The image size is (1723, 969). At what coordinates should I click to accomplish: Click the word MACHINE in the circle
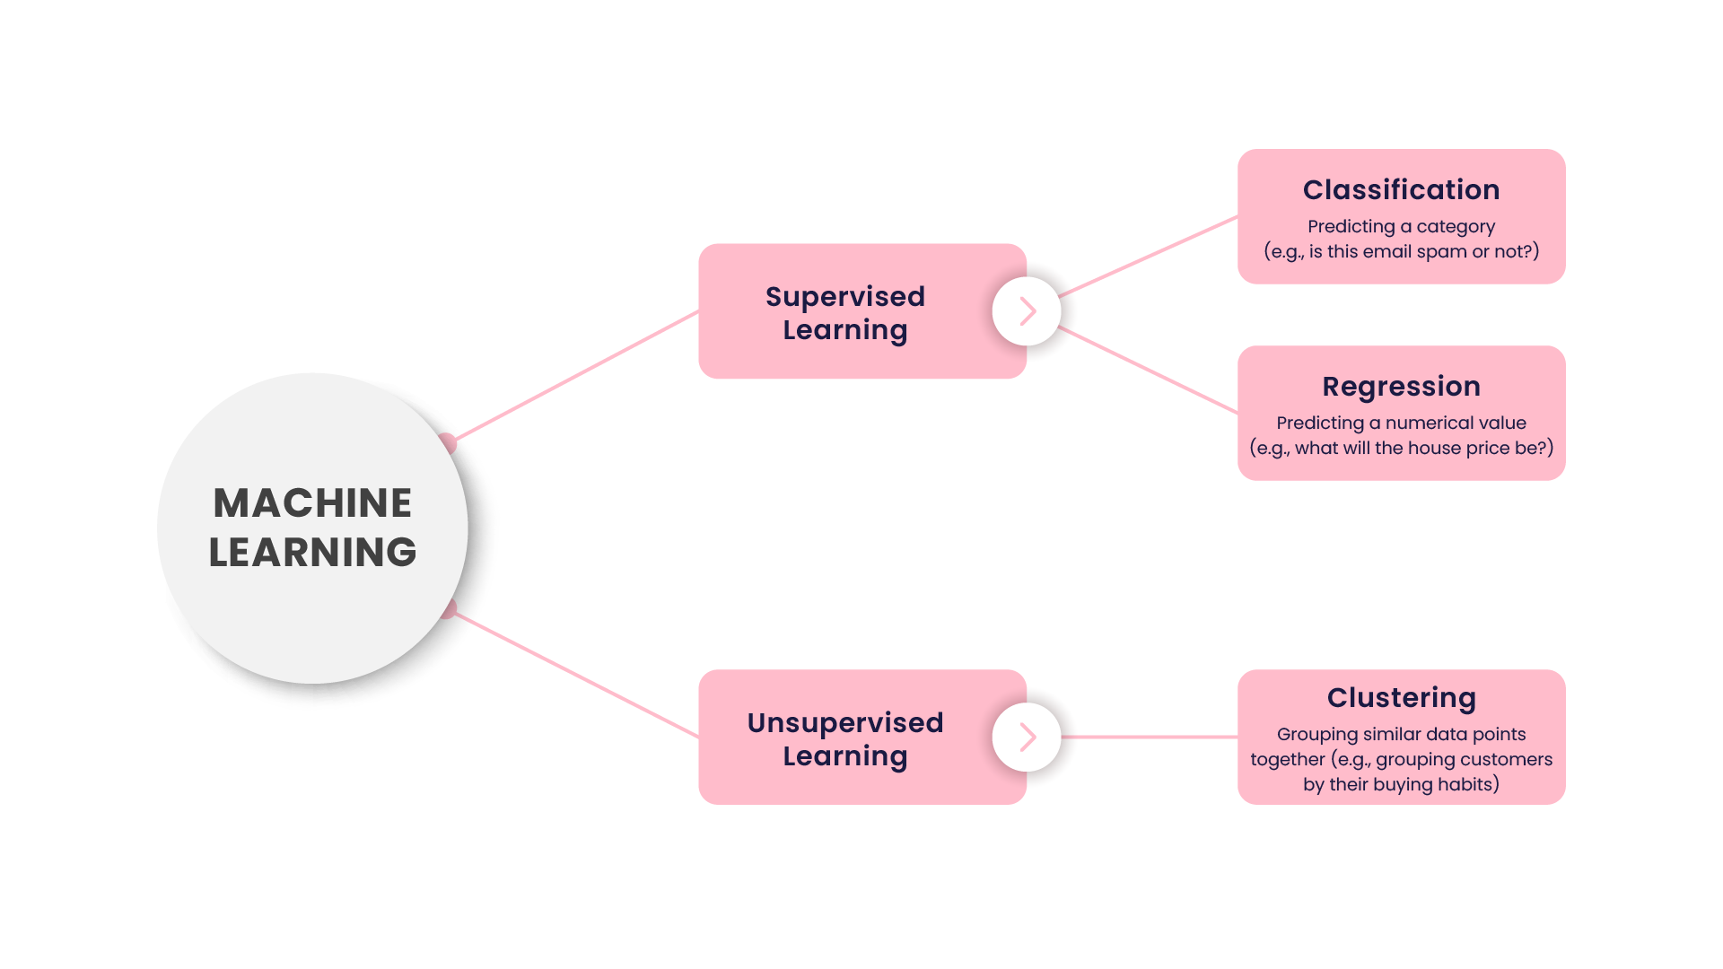[312, 503]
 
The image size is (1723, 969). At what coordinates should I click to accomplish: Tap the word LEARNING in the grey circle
[312, 553]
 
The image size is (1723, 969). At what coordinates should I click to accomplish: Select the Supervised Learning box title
[844, 312]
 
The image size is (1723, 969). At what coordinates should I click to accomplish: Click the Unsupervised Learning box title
[844, 738]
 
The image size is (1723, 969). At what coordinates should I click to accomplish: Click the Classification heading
[1401, 190]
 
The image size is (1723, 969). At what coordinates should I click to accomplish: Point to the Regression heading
[1401, 387]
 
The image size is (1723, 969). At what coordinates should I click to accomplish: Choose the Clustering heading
[1401, 698]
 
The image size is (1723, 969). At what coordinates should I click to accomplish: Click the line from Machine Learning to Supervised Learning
[574, 376]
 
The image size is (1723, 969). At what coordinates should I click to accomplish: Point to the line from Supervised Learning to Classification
[1149, 256]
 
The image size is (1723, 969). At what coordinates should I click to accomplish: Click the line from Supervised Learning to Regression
[1149, 370]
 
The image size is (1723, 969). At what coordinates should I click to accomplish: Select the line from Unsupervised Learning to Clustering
[1149, 737]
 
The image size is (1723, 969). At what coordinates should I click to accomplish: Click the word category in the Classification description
[1456, 227]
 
